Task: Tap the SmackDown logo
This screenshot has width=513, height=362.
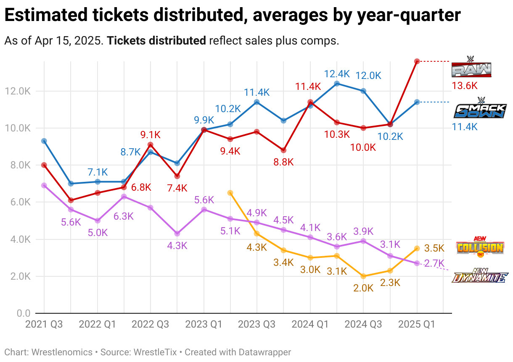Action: [480, 108]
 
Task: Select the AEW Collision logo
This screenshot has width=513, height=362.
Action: [480, 247]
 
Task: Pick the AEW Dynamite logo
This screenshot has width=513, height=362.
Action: [480, 275]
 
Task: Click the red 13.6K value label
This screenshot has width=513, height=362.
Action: [465, 86]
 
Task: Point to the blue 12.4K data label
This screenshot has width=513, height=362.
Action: [337, 74]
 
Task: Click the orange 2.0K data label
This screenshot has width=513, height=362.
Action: [363, 288]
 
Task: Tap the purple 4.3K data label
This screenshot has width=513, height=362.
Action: [177, 246]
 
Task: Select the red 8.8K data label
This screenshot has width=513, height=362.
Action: [283, 162]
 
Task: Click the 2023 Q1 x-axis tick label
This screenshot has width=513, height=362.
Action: [204, 324]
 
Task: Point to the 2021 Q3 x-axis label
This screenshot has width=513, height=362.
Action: [44, 324]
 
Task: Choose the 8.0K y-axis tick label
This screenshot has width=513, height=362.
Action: [20, 165]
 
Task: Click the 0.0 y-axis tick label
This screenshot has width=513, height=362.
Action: [24, 313]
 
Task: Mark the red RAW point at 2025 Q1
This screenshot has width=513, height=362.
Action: [417, 61]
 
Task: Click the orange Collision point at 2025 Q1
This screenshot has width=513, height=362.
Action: [417, 248]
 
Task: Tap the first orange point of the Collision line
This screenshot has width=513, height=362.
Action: [230, 193]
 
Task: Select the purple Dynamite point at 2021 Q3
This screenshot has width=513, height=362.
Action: [44, 185]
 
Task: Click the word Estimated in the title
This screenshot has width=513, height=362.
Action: [46, 15]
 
